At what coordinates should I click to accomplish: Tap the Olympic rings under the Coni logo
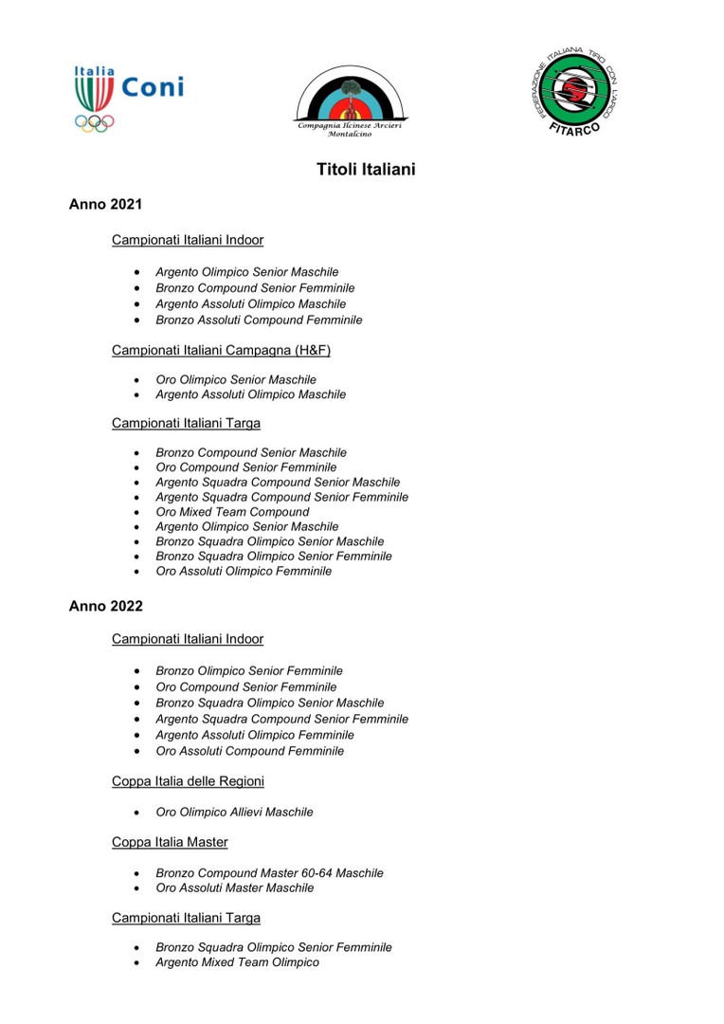click(94, 122)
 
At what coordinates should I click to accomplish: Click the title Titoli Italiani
click(366, 170)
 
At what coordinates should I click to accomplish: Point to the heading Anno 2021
click(105, 205)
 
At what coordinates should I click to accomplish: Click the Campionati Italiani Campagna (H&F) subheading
click(221, 350)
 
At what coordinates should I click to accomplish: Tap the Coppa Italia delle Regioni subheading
click(188, 781)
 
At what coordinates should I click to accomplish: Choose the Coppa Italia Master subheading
click(170, 842)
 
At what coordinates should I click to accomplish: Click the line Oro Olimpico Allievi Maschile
click(234, 813)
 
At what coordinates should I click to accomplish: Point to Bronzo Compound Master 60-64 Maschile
click(269, 873)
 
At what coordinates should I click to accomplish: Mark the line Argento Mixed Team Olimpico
click(237, 962)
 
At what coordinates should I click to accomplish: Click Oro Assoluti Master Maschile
click(234, 888)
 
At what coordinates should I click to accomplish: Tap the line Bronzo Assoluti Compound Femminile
click(259, 320)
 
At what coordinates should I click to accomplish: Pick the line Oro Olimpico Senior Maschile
click(236, 379)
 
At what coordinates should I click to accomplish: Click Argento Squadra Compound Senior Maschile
click(278, 483)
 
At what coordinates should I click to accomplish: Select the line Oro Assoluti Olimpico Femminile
click(244, 572)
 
